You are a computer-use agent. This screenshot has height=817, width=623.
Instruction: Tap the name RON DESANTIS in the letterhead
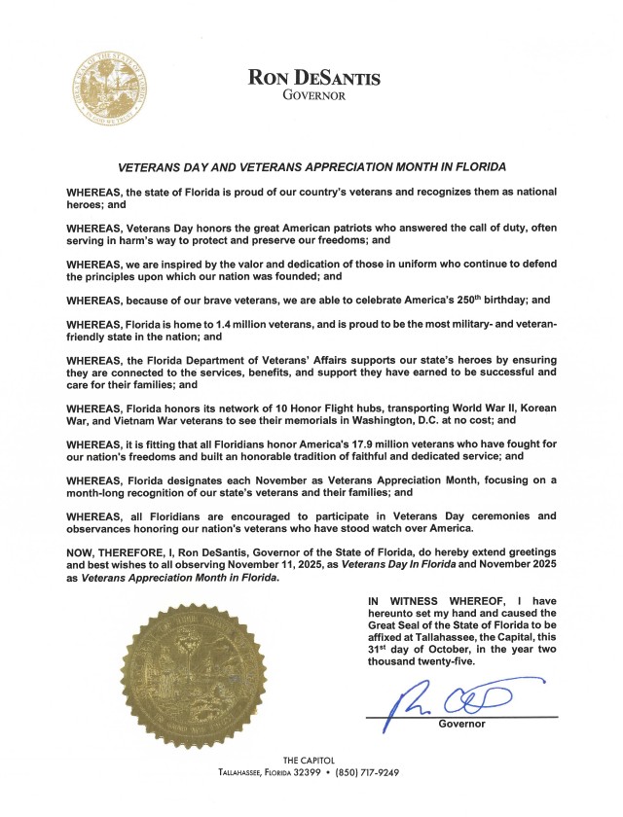(x=313, y=77)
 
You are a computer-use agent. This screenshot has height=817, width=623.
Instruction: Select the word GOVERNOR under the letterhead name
(x=313, y=95)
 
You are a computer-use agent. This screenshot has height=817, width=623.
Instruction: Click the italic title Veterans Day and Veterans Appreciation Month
(x=312, y=167)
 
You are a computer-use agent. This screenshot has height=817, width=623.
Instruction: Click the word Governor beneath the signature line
(x=461, y=725)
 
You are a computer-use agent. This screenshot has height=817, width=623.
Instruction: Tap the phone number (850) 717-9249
(x=367, y=772)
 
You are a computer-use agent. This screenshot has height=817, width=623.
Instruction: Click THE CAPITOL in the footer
(x=311, y=760)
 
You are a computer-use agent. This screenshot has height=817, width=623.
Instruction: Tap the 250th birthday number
(x=438, y=300)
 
